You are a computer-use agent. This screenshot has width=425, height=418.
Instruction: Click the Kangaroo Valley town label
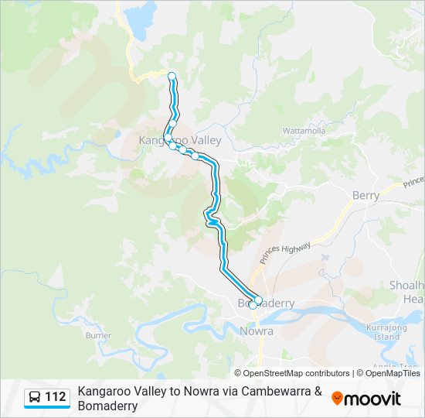point(179,140)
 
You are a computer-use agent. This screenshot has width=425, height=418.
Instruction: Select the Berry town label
point(365,196)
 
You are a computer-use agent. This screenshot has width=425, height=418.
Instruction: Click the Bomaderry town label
point(267,303)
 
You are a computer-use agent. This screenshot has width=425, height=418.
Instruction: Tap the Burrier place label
point(98,335)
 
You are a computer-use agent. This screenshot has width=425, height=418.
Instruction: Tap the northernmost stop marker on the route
point(172,76)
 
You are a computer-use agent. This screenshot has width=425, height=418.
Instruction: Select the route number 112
point(56,398)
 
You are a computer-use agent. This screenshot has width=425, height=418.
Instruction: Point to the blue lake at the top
point(138,20)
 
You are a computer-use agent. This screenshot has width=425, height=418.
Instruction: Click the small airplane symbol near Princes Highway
point(324,256)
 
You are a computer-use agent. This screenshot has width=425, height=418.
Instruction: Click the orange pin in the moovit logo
point(337,399)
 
